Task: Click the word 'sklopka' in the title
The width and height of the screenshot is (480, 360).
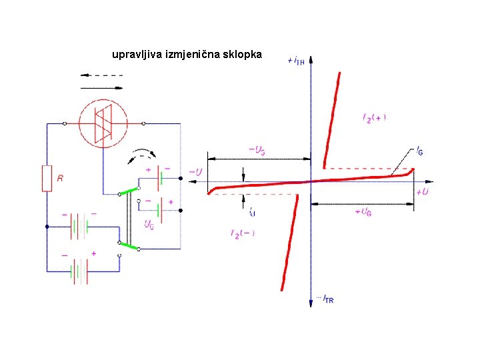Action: coord(244,53)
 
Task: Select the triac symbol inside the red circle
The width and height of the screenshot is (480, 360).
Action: coord(103,123)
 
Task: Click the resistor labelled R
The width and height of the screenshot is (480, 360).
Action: coord(47,178)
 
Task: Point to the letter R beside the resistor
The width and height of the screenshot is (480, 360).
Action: coord(60,179)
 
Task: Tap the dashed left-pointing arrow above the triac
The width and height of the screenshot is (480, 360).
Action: coord(101,75)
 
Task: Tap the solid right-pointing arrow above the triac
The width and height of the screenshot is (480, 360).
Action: coord(101,87)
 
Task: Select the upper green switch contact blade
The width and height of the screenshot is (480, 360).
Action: coord(129,191)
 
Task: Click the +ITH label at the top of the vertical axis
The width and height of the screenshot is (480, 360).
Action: coord(296,61)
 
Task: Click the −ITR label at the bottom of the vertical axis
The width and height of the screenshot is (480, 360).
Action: coord(325,300)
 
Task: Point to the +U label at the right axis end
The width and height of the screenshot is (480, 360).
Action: coord(422,192)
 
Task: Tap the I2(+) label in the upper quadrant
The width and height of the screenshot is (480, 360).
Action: coord(374,117)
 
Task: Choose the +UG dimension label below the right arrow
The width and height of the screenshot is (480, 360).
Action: coord(363,211)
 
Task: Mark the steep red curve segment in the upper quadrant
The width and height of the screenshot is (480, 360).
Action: coord(331,120)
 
